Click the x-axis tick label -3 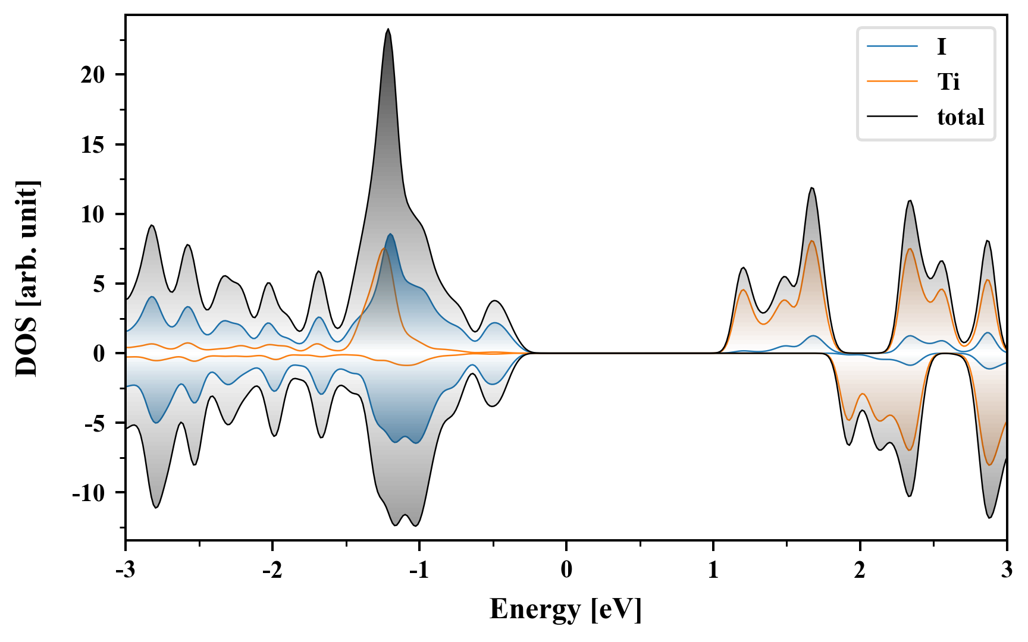125,570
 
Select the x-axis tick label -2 272,570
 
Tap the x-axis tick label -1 419,570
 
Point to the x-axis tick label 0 566,570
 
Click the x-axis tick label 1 713,570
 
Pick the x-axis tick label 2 860,570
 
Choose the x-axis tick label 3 1007,570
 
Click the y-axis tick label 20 93,75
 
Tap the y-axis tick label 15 93,144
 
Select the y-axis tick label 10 93,214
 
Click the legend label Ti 948,81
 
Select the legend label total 960,117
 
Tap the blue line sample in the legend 892,46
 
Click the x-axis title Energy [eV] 566,609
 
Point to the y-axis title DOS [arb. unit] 27,278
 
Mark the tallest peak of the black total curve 388,29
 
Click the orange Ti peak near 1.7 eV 812,241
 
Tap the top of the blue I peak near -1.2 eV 390,234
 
